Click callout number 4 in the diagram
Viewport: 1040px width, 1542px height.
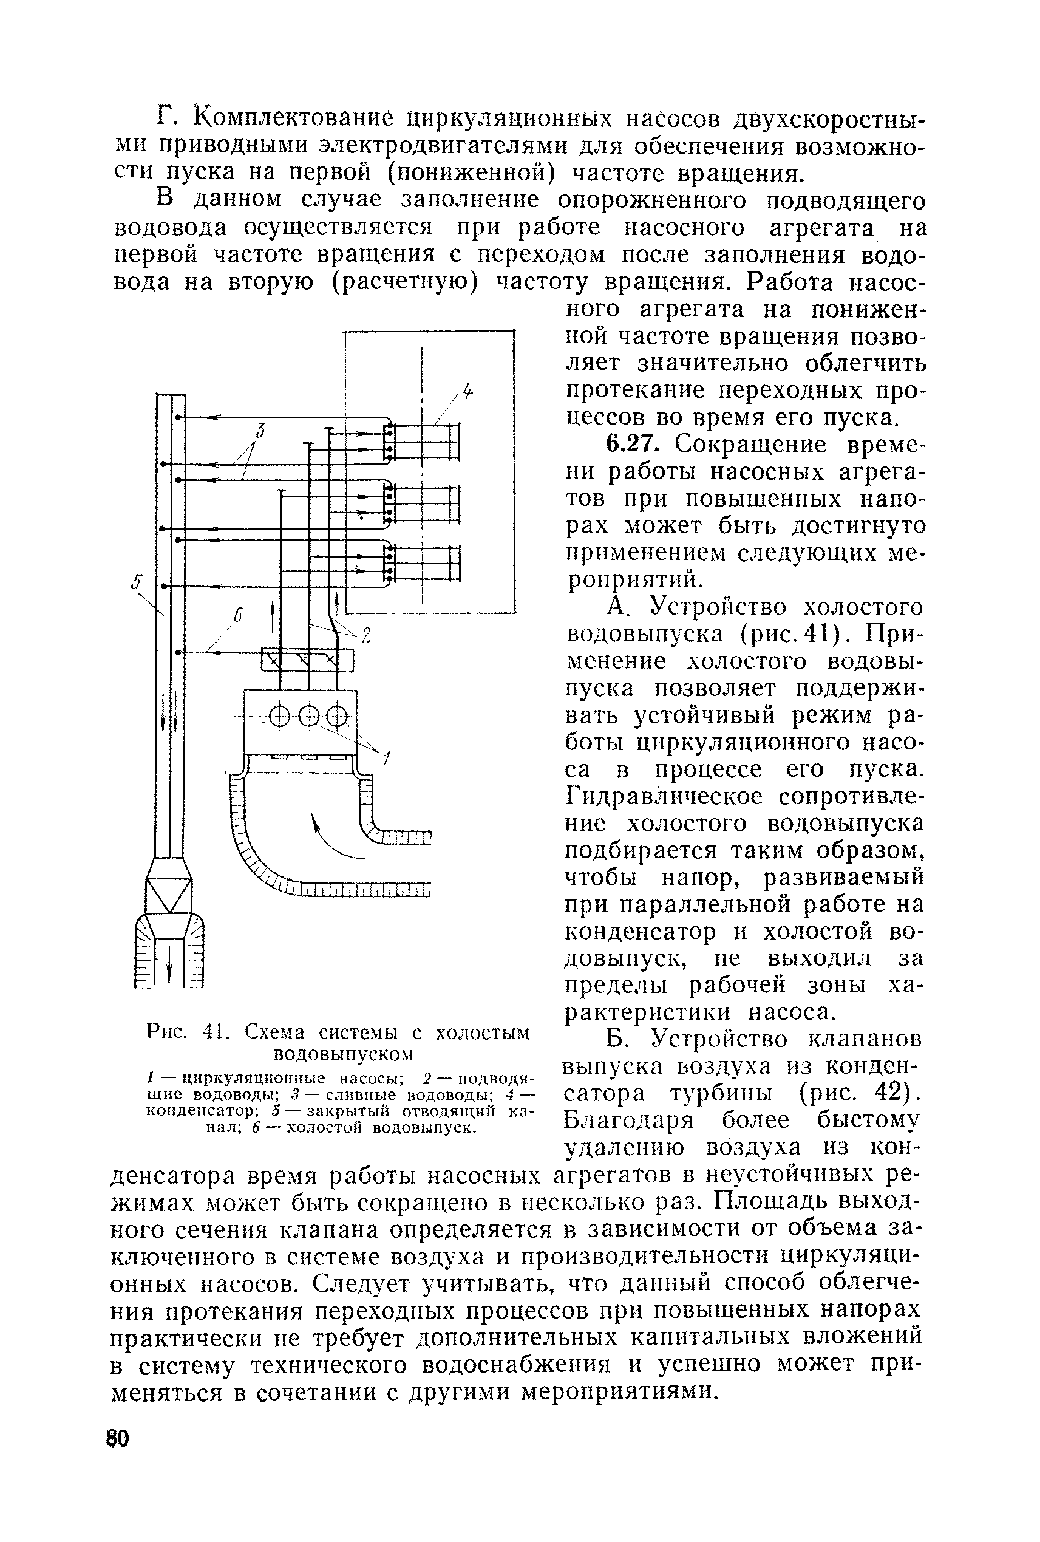pyautogui.click(x=468, y=392)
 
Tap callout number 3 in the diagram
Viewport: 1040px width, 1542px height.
pyautogui.click(x=260, y=431)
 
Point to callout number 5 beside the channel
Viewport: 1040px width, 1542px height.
pyautogui.click(x=136, y=582)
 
